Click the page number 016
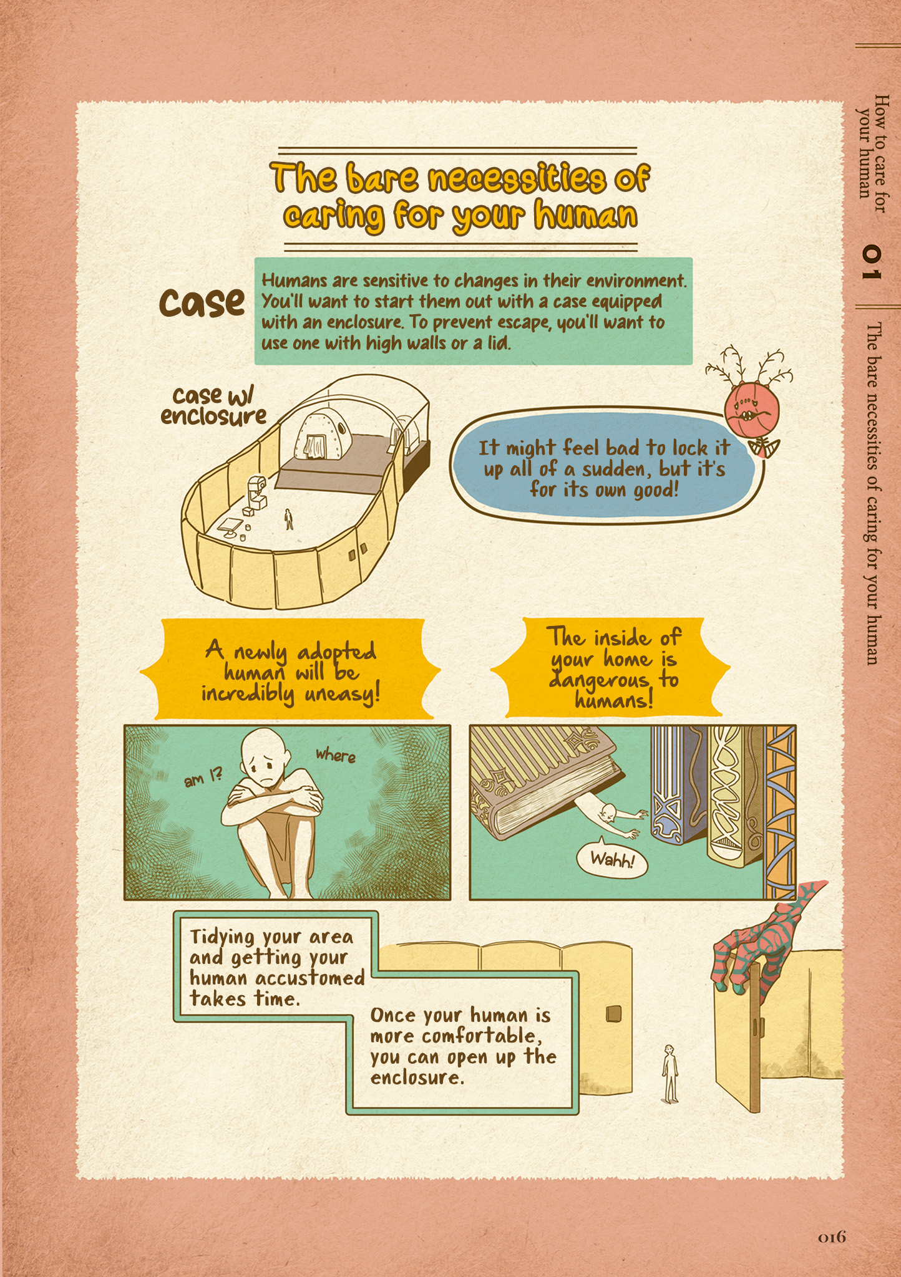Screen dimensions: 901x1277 pos(832,1236)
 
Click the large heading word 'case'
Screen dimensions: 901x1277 pos(202,302)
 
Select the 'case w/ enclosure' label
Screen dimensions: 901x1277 pos(213,405)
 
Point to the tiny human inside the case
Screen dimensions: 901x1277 pos(288,519)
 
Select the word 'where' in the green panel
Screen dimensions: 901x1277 pos(336,756)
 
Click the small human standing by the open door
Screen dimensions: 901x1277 pos(670,1073)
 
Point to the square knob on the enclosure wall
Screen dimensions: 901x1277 pos(614,1014)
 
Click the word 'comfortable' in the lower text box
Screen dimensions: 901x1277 pos(478,1036)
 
